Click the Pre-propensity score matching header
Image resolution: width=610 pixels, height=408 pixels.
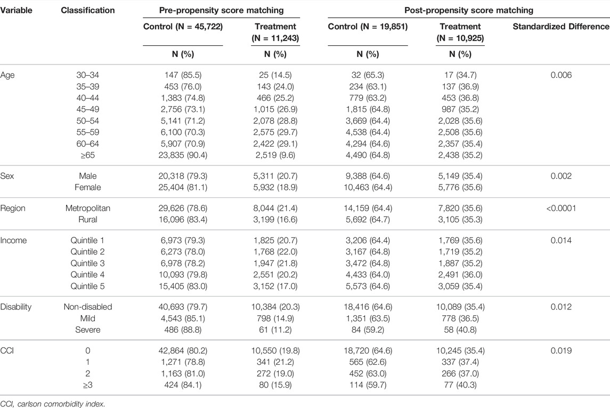point(222,10)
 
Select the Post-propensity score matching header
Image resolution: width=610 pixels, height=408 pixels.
point(469,10)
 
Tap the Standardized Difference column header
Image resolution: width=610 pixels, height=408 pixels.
point(561,27)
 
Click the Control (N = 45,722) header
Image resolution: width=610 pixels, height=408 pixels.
point(183,27)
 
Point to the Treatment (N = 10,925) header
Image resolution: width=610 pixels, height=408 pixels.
point(460,33)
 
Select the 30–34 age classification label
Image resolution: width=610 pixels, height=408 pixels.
point(87,75)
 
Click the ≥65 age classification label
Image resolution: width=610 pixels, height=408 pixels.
point(87,155)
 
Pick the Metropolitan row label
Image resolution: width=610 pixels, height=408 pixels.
point(87,209)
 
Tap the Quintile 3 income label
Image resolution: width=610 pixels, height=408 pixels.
point(87,263)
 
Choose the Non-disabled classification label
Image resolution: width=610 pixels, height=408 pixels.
point(87,307)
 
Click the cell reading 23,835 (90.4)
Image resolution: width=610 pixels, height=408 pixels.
point(183,155)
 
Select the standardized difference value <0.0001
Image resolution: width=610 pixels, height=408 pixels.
point(561,209)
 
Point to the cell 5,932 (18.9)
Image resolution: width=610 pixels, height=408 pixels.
point(275,188)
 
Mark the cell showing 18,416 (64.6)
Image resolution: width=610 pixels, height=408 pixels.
point(368,307)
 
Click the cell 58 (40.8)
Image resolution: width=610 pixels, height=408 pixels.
point(460,330)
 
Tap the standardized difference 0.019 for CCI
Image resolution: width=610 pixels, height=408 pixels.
point(561,351)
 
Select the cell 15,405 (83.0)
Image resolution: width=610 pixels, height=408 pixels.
point(183,286)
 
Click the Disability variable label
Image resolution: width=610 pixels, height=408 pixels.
point(15,307)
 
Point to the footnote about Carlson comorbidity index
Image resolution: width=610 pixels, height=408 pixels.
point(53,404)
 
